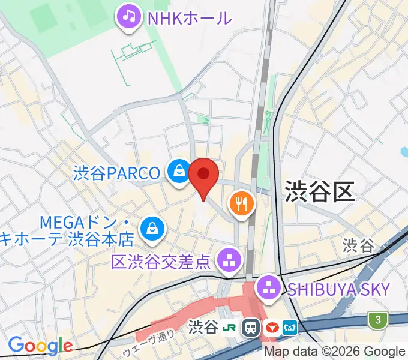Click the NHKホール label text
click(189, 18)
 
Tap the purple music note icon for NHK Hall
click(129, 16)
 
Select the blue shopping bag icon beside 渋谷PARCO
click(179, 173)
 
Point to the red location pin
click(203, 175)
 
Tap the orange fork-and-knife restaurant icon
click(242, 204)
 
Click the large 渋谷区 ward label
click(319, 192)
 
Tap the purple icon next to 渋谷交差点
click(227, 260)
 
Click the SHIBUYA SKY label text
click(338, 289)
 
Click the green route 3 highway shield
click(377, 319)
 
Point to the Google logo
click(40, 346)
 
